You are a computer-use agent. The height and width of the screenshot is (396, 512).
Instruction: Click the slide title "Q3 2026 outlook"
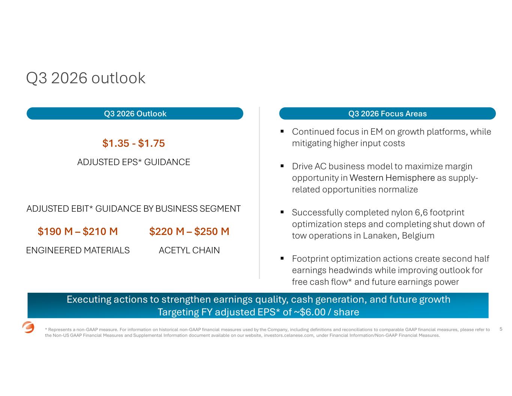click(86, 78)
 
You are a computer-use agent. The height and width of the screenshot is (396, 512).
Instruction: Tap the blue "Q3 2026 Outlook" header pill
click(135, 113)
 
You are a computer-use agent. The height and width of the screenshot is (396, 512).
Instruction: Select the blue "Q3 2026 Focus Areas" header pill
click(387, 113)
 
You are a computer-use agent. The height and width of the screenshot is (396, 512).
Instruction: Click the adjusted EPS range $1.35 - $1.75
click(134, 143)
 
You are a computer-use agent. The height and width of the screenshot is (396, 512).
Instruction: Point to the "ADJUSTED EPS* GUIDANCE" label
click(134, 162)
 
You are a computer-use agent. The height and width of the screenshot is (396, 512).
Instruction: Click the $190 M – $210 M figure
click(78, 232)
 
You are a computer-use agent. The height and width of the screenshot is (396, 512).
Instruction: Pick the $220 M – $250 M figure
click(189, 232)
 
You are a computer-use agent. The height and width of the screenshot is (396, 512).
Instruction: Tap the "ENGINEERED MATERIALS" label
click(78, 250)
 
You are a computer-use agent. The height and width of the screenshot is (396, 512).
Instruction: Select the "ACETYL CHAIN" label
click(189, 250)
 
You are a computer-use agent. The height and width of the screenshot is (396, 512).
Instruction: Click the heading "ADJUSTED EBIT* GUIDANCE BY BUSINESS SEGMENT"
click(134, 209)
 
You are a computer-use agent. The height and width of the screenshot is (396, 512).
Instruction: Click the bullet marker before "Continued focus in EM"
click(282, 131)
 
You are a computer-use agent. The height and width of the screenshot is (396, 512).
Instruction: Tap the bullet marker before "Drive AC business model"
click(282, 166)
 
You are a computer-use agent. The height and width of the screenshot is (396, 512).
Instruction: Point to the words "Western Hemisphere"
click(392, 178)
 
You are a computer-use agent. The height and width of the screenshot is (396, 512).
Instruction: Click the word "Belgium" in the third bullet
click(418, 235)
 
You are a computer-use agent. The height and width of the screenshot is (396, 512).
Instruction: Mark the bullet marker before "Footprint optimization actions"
click(282, 258)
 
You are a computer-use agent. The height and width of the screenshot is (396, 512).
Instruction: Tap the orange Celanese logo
click(28, 327)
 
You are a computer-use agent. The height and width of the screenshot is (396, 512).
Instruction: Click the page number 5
click(501, 329)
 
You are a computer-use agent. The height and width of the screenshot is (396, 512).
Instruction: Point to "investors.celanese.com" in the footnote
click(289, 336)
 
